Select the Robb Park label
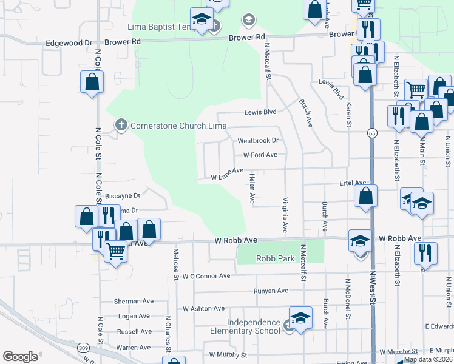(275, 258)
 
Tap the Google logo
(20, 357)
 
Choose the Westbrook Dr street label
(258, 140)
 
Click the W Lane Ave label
(227, 175)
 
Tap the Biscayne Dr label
(123, 196)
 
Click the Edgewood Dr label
(69, 44)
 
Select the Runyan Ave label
(271, 291)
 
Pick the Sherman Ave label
(135, 301)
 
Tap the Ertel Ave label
(353, 183)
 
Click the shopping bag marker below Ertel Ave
(365, 197)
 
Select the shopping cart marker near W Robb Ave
(115, 251)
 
